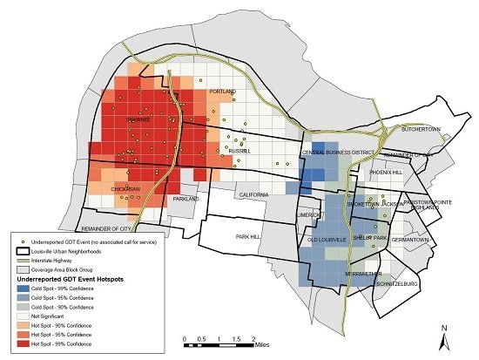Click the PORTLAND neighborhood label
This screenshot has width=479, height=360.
pos(224,91)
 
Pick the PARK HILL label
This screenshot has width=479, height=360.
pos(247,236)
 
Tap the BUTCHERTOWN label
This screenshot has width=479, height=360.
pos(422,130)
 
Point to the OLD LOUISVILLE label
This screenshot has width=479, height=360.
pos(328,239)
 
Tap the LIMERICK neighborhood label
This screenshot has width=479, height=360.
pos(309,214)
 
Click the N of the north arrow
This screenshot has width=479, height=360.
pos(444,330)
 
